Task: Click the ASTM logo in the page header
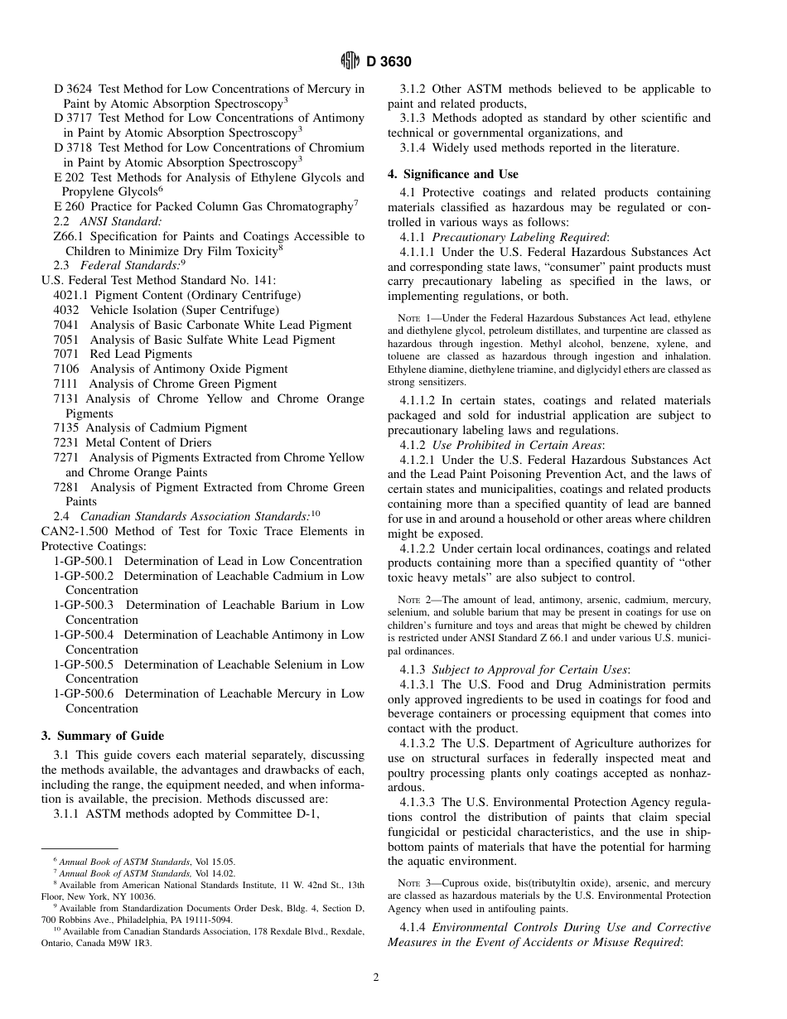[x=350, y=61]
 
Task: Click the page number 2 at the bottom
[x=376, y=978]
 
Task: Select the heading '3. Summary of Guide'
[x=103, y=736]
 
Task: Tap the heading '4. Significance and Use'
[x=453, y=174]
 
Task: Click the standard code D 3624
[x=73, y=89]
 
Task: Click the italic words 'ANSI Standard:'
[x=121, y=221]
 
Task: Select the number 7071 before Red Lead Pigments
[x=67, y=354]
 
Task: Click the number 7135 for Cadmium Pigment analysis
[x=67, y=427]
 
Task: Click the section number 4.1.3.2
[x=419, y=744]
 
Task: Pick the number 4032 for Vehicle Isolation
[x=67, y=310]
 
